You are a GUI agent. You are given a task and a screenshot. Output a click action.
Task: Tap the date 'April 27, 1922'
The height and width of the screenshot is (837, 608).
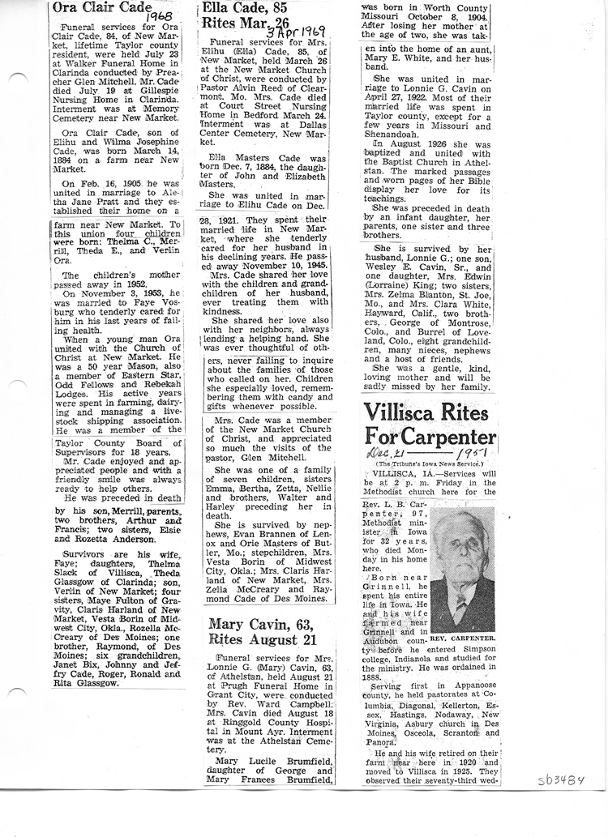[x=397, y=115]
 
